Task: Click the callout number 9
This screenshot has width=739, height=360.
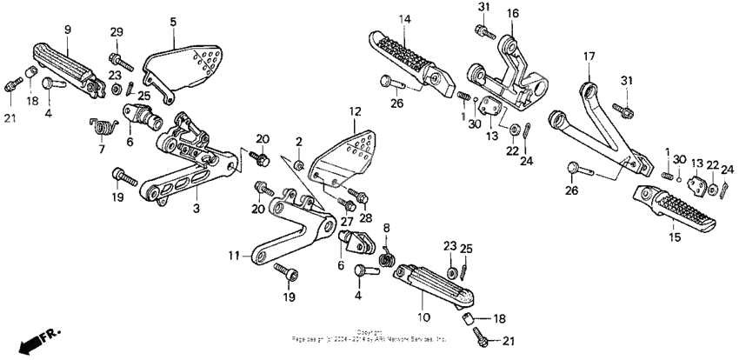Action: pyautogui.click(x=67, y=30)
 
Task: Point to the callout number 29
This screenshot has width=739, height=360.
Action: pyautogui.click(x=117, y=32)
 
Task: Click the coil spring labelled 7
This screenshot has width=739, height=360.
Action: pyautogui.click(x=103, y=126)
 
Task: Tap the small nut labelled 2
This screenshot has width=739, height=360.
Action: pyautogui.click(x=298, y=163)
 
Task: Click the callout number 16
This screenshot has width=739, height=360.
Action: pyautogui.click(x=512, y=14)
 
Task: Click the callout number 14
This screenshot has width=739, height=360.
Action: pyautogui.click(x=404, y=19)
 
